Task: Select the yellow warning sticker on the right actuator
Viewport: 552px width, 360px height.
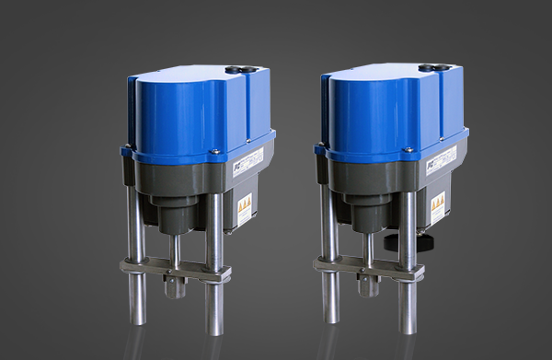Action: pyautogui.click(x=441, y=209)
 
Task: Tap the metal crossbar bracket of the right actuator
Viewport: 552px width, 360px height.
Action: pyautogui.click(x=369, y=268)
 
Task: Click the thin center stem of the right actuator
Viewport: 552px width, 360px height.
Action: pyautogui.click(x=369, y=249)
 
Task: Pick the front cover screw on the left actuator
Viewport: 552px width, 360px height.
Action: pyautogui.click(x=213, y=151)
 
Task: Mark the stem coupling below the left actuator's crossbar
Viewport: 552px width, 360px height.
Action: pyautogui.click(x=174, y=286)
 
